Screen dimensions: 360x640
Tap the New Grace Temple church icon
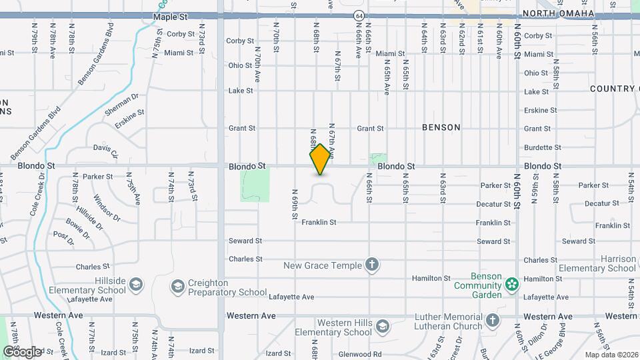372,265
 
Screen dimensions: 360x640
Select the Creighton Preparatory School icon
177,287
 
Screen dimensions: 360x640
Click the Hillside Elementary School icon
136,285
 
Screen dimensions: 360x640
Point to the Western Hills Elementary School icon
382,327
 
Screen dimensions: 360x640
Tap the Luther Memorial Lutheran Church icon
492,321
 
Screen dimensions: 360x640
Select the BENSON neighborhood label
441,127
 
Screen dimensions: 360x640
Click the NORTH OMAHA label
550,13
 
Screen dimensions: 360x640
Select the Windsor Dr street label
107,207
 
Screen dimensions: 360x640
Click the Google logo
22,351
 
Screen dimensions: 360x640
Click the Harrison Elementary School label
608,263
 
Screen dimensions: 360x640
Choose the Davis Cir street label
105,151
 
